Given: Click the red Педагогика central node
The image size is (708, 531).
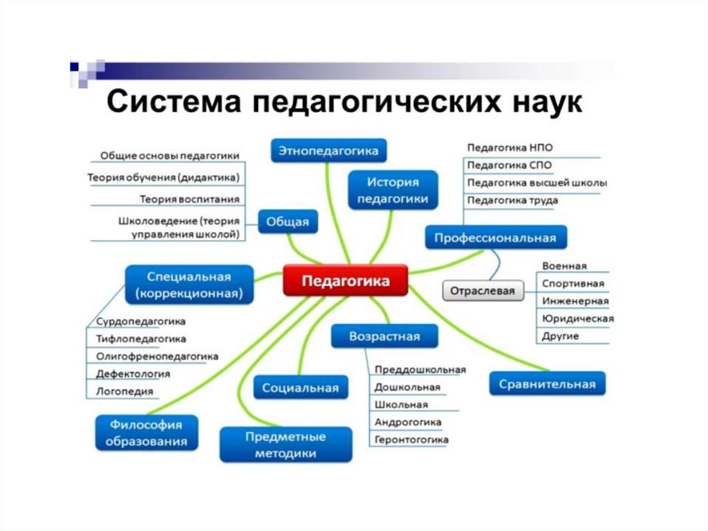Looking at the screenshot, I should tap(346, 280).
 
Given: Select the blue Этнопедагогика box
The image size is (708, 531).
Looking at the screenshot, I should tap(328, 150).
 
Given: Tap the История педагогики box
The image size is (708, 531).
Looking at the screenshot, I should tap(393, 190).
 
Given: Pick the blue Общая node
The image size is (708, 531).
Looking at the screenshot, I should tap(288, 222).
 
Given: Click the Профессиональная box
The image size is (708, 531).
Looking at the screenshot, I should tap(495, 237).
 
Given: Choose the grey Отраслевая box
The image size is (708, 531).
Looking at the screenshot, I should tap(483, 291).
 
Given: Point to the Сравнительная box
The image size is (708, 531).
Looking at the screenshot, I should tap(547, 384).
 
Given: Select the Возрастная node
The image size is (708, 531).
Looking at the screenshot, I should tap(384, 337).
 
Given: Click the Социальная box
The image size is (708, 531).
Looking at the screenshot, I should tap(300, 388).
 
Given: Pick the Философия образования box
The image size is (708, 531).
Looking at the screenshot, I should tap(146, 433).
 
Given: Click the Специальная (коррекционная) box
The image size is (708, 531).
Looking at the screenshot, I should tap(189, 285).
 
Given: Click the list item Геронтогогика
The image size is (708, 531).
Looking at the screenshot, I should tap(411, 440).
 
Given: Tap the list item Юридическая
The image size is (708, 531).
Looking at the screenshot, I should tap(578, 318).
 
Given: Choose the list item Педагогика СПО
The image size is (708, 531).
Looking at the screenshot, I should tap(510, 165).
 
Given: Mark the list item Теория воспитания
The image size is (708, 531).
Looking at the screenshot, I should tap(189, 199).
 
